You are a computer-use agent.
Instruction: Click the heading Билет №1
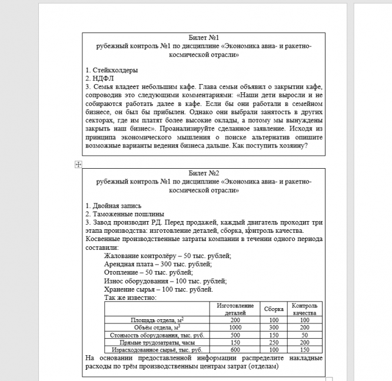point(204,36)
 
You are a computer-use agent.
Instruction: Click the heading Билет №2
point(204,173)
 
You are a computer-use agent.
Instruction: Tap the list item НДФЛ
point(98,78)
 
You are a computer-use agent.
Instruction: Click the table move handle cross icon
point(78,165)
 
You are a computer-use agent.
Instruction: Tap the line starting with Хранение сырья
point(158,289)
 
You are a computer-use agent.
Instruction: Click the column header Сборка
point(274,309)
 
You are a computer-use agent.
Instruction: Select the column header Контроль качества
point(305,309)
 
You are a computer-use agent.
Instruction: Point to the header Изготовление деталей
point(235,309)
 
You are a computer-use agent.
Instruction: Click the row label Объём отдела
point(156,327)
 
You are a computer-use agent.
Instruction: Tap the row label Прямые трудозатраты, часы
point(156,342)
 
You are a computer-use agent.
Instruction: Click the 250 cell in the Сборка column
point(274,342)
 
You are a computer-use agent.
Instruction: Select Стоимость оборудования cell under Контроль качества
point(305,335)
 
